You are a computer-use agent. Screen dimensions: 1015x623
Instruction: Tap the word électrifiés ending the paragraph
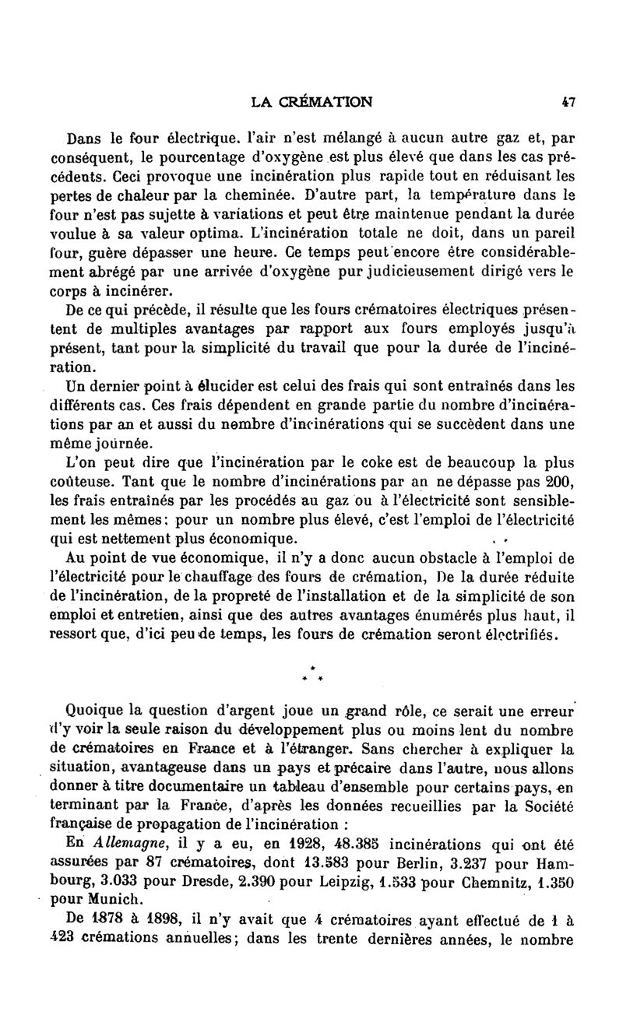point(519,635)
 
